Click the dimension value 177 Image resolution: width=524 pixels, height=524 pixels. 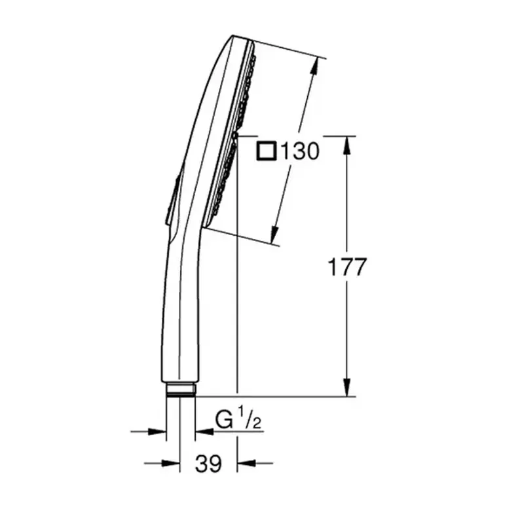(x=346, y=267)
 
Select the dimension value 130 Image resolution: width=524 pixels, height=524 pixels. (x=299, y=152)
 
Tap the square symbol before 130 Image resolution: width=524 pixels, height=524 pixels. (x=266, y=152)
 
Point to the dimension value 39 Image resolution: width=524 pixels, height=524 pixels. (x=208, y=464)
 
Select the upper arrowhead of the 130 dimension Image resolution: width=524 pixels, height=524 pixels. (x=318, y=65)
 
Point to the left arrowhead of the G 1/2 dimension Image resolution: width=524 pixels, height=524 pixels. (x=157, y=431)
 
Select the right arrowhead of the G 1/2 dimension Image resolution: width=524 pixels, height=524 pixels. (x=204, y=431)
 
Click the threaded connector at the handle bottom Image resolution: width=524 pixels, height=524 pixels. (x=180, y=388)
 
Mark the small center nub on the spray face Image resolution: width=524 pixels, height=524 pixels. (x=234, y=135)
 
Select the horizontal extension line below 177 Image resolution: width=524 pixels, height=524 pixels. (x=275, y=396)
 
